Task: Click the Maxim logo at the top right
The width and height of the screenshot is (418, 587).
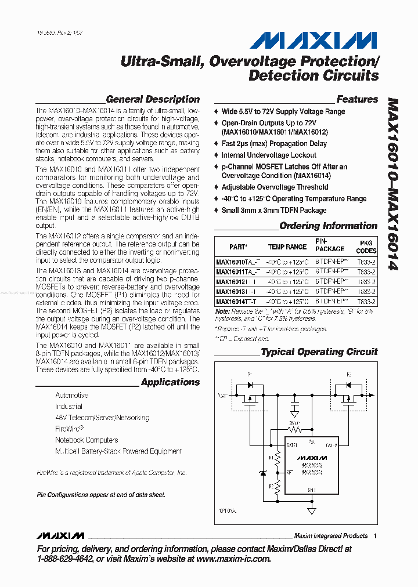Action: pos(313,41)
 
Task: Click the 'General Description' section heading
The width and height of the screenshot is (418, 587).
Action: pos(153,99)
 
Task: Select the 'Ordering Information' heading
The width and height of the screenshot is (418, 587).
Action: pos(328,226)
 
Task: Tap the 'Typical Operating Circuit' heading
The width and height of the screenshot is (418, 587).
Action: pos(319,352)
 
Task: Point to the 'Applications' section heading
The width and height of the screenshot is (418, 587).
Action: pos(170,382)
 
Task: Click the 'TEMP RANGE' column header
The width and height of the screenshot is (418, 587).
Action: pos(287,247)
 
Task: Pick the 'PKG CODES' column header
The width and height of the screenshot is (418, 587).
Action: pos(366,247)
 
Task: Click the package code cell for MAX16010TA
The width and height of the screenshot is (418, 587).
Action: pos(366,262)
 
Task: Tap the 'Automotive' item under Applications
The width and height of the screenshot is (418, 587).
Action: pos(72,395)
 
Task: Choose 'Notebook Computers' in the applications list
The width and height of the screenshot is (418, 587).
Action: pos(87,440)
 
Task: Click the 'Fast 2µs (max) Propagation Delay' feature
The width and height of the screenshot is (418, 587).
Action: pos(274,143)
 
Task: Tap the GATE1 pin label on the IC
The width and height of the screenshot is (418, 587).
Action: pos(291,445)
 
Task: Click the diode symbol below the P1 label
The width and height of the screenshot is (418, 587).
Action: pos(250,385)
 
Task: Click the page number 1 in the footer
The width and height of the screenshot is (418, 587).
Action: pos(376,536)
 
